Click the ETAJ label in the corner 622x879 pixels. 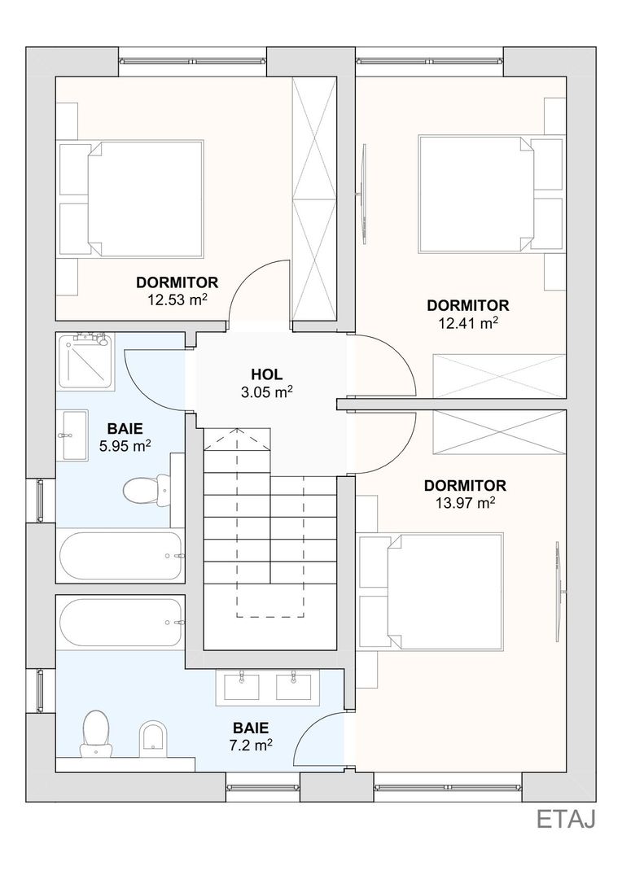[x=565, y=819]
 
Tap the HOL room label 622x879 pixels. [x=267, y=374]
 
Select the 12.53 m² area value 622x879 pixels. [x=177, y=300]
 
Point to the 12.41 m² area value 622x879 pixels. [x=468, y=323]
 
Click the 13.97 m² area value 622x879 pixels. [x=465, y=503]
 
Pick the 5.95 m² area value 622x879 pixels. [x=125, y=446]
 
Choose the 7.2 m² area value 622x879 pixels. [x=251, y=745]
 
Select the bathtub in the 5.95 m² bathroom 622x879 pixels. [x=120, y=556]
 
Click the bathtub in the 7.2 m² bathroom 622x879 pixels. [x=120, y=623]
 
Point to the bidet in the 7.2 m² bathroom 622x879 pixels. [x=151, y=736]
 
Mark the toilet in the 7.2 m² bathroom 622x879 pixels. [x=95, y=732]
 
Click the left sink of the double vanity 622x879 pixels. [x=242, y=685]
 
